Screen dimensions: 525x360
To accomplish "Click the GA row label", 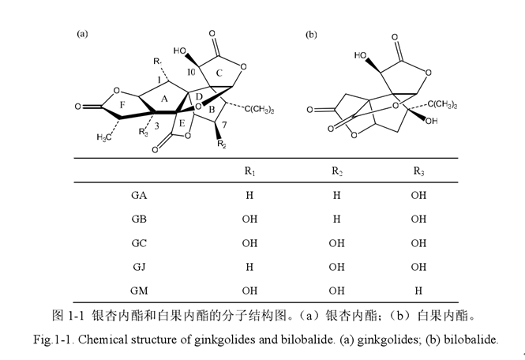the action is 139,195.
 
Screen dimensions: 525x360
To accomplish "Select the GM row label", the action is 139,291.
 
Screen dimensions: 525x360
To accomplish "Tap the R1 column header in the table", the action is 249,171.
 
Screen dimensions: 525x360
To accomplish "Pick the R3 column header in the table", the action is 418,171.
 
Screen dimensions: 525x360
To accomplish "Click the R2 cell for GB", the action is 337,219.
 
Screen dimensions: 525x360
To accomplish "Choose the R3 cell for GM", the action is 418,291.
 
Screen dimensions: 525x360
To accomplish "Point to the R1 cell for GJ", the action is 249,267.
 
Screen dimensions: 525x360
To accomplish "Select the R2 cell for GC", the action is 336,243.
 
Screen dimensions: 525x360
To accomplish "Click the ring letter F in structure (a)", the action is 122,105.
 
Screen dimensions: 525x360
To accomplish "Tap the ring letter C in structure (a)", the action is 219,73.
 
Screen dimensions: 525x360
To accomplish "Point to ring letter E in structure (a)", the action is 182,124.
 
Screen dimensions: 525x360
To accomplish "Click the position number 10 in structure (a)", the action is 191,72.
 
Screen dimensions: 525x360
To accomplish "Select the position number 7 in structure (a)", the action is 224,125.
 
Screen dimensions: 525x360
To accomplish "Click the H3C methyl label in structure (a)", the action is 104,137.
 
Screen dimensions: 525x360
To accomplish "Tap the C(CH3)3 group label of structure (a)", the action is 259,110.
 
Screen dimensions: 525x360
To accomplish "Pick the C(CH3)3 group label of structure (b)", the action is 442,104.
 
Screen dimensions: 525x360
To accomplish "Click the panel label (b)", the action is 311,35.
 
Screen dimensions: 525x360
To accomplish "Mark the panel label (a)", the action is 82,34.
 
